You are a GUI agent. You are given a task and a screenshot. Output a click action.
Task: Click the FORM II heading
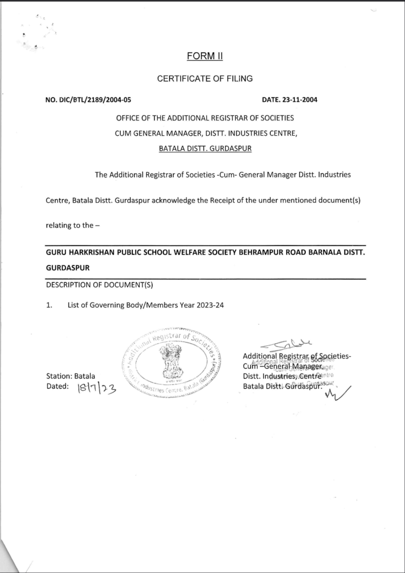click(205, 57)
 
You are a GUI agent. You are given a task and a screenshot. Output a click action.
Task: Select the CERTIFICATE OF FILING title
click(205, 79)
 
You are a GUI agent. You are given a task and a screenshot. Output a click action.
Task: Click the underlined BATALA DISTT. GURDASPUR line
click(205, 149)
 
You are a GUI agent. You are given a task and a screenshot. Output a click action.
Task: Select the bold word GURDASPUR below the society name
click(67, 268)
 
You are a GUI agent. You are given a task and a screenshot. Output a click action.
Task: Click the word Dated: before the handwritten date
click(57, 387)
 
